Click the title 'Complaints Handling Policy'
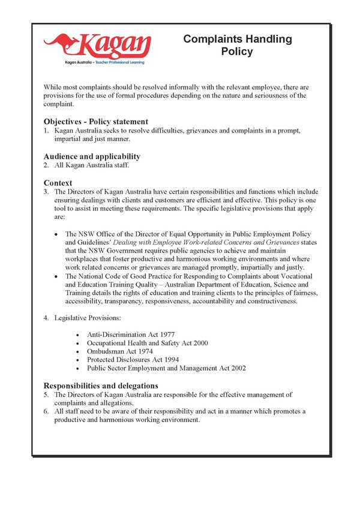coord(238,46)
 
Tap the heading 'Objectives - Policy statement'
coord(95,121)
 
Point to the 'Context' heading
coord(58,182)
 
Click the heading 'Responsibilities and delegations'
coord(101,385)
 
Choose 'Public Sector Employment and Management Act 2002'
coord(166,368)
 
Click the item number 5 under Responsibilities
coord(46,394)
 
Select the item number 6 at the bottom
coord(46,411)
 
